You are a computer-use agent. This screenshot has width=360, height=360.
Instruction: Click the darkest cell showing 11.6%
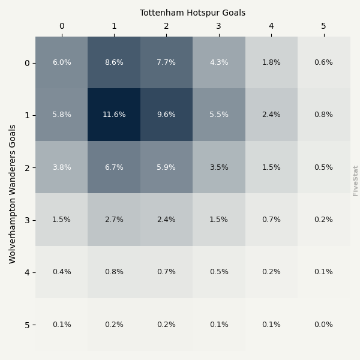click(114, 115)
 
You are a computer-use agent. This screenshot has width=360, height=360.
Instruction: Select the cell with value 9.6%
click(166, 115)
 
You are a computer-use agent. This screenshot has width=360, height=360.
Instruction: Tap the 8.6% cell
click(114, 62)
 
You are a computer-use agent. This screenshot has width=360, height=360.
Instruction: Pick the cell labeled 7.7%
click(166, 62)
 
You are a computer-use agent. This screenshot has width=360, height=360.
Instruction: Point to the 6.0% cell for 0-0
click(61, 62)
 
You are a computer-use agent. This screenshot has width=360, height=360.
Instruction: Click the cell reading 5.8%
click(61, 115)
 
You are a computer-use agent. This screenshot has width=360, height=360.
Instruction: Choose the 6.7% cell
click(114, 167)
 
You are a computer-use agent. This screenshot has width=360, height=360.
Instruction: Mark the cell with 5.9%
click(166, 167)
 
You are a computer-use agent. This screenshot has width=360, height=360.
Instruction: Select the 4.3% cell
click(219, 62)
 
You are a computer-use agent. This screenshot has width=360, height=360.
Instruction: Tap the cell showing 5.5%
click(219, 115)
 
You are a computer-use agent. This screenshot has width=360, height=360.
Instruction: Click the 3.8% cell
click(61, 167)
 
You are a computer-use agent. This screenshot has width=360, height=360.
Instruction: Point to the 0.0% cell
click(324, 325)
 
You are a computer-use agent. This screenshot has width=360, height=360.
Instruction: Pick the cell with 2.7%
click(114, 220)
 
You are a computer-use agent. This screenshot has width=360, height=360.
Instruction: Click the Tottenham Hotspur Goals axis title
click(193, 13)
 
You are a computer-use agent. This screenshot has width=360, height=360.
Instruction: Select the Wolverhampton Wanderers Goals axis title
click(13, 194)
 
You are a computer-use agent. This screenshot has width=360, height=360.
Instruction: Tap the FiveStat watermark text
click(355, 181)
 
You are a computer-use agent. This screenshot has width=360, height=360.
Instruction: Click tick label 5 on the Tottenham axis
click(324, 26)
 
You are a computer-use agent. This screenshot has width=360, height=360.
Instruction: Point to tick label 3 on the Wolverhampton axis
click(27, 220)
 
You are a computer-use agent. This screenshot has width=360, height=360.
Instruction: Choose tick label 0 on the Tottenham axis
click(61, 26)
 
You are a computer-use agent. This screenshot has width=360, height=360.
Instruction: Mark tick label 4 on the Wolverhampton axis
click(27, 272)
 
